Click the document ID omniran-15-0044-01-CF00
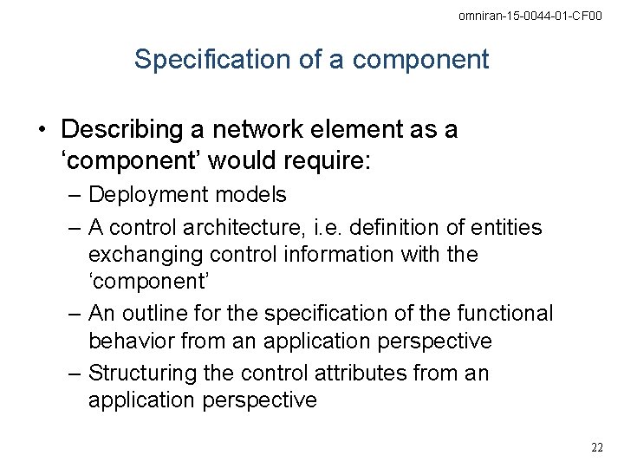tap(530, 16)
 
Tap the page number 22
tap(597, 447)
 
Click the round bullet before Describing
tap(42, 131)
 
